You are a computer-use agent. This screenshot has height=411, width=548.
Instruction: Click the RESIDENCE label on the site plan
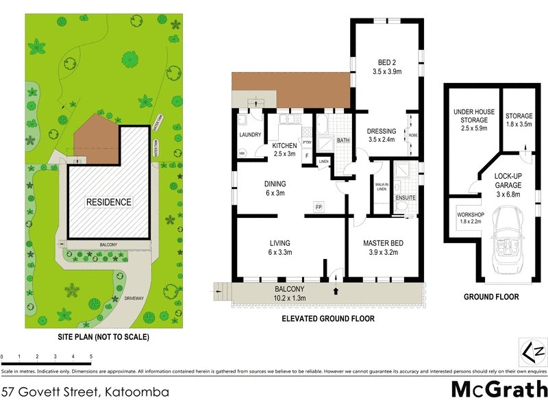click(108, 202)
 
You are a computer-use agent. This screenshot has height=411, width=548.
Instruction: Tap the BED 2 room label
click(387, 64)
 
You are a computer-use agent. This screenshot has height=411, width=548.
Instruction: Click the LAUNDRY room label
click(249, 135)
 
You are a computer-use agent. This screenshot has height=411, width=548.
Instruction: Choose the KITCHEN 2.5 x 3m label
click(284, 150)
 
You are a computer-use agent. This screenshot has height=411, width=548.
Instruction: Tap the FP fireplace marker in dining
click(319, 206)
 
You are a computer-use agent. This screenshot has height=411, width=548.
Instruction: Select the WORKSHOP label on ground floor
click(470, 219)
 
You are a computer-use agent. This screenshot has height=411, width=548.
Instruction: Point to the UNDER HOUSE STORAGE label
click(470, 120)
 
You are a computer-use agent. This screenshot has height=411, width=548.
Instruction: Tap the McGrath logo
click(499, 389)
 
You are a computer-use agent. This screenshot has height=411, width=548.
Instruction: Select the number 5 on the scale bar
click(91, 357)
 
